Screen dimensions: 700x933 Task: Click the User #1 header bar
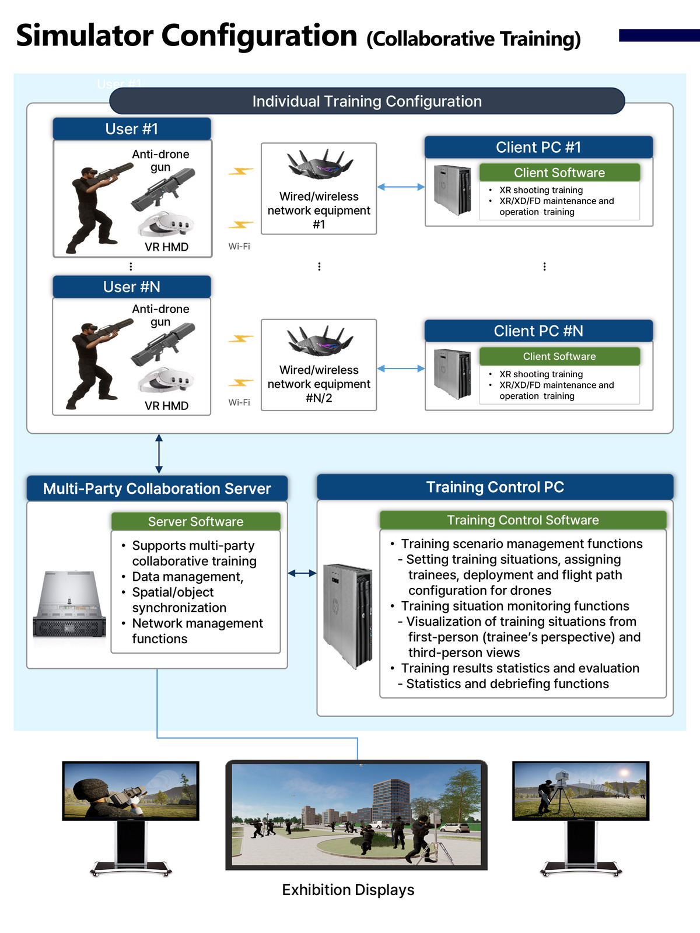pyautogui.click(x=132, y=129)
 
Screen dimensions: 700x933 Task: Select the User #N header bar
pyautogui.click(x=132, y=287)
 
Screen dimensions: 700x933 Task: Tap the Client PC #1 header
pyautogui.click(x=538, y=147)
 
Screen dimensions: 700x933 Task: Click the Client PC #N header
pyautogui.click(x=538, y=331)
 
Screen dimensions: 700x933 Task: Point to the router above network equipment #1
pyautogui.click(x=320, y=164)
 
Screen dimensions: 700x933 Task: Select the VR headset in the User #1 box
pyautogui.click(x=166, y=224)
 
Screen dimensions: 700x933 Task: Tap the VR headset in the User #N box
pyautogui.click(x=166, y=380)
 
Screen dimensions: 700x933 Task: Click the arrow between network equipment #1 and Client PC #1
pyautogui.click(x=401, y=187)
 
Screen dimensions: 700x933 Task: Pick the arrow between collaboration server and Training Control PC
pyautogui.click(x=302, y=573)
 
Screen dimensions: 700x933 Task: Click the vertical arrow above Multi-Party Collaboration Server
pyautogui.click(x=159, y=454)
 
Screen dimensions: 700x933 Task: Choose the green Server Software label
pyautogui.click(x=195, y=521)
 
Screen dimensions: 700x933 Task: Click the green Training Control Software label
pyautogui.click(x=523, y=520)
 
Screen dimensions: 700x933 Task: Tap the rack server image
pyautogui.click(x=69, y=604)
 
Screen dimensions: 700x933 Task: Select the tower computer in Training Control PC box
pyautogui.click(x=348, y=616)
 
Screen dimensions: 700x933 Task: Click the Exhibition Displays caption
pyautogui.click(x=348, y=889)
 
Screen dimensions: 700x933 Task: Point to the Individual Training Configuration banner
pyautogui.click(x=367, y=101)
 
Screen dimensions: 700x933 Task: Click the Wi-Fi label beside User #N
pyautogui.click(x=239, y=402)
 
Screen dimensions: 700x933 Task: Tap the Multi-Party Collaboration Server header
pyautogui.click(x=157, y=489)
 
